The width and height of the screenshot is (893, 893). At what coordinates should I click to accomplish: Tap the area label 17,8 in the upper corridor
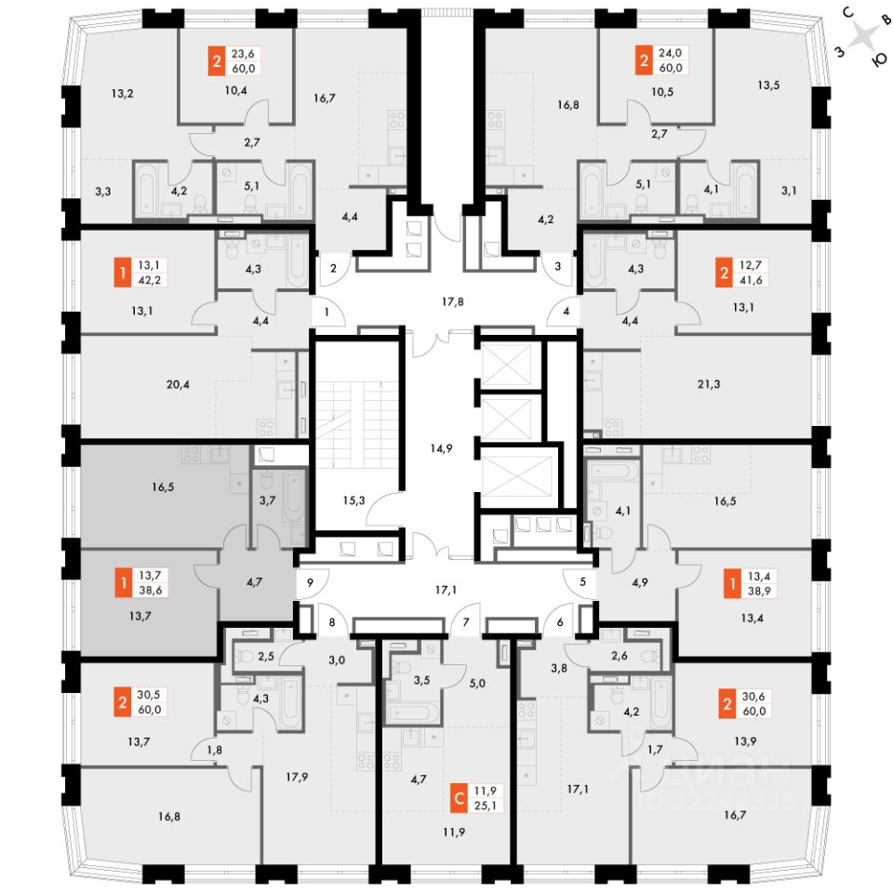[452, 300]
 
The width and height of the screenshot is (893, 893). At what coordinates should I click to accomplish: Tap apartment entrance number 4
[566, 311]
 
